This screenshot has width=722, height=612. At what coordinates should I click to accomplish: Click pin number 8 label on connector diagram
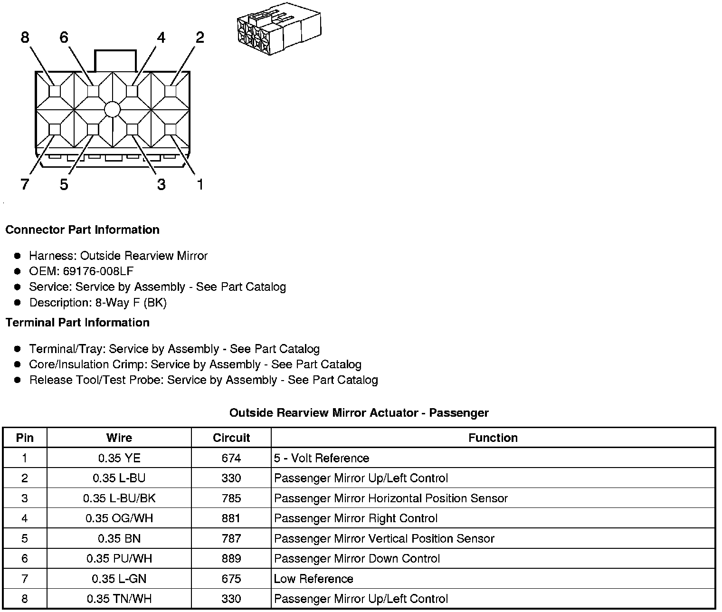[x=25, y=37]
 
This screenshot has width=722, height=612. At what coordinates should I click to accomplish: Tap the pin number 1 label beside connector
[x=200, y=184]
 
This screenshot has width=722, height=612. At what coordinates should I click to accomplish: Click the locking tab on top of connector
[x=115, y=60]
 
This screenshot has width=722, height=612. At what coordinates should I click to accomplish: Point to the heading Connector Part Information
[x=82, y=230]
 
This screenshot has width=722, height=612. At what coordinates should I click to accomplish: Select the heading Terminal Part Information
[x=77, y=323]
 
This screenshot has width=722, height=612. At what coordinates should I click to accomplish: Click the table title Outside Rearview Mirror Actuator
[x=359, y=412]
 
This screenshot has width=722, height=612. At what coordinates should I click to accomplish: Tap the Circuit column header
[x=231, y=438]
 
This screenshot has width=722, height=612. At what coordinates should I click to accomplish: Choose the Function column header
[x=493, y=438]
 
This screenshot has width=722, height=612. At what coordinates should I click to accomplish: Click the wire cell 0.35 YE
[x=119, y=458]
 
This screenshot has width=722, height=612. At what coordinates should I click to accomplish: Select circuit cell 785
[x=231, y=498]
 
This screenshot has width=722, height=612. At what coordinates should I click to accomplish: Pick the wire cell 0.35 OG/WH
[x=119, y=518]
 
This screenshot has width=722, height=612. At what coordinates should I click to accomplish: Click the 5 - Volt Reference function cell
[x=322, y=458]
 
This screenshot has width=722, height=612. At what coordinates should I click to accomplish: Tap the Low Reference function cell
[x=313, y=579]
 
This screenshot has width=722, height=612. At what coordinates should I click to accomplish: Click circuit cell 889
[x=231, y=559]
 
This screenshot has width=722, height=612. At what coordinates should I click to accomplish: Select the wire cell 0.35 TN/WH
[x=119, y=599]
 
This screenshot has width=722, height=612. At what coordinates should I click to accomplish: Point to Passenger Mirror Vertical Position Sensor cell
[x=384, y=538]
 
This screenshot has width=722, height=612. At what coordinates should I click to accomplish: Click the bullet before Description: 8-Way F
[x=18, y=302]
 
